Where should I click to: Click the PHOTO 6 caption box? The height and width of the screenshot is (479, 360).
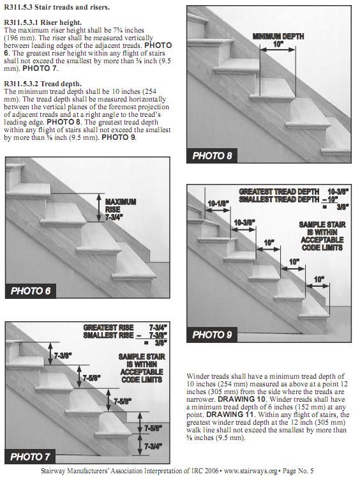click(x=31, y=291)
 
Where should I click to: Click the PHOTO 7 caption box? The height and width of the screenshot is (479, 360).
click(x=30, y=457)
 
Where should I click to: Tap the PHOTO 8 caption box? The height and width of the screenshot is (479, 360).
click(x=212, y=156)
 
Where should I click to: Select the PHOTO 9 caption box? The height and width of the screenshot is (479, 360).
click(x=212, y=335)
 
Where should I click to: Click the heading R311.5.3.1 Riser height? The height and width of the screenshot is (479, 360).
click(x=43, y=22)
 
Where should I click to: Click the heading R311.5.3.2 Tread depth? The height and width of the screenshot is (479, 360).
click(x=43, y=84)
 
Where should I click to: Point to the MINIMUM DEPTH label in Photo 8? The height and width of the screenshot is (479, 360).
click(x=278, y=36)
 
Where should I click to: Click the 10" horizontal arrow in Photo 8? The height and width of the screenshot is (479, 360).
click(x=278, y=49)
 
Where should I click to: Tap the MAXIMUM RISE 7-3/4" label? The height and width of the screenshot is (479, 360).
click(x=121, y=209)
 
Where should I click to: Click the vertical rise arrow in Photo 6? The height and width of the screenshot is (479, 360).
click(x=99, y=208)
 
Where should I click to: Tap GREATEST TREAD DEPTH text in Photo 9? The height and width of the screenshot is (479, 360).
click(x=279, y=192)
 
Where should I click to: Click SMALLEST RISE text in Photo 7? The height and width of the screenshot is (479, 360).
click(x=109, y=335)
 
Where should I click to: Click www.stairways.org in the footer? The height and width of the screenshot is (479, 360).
click(x=250, y=471)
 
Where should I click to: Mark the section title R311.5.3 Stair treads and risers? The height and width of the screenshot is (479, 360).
click(x=56, y=7)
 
